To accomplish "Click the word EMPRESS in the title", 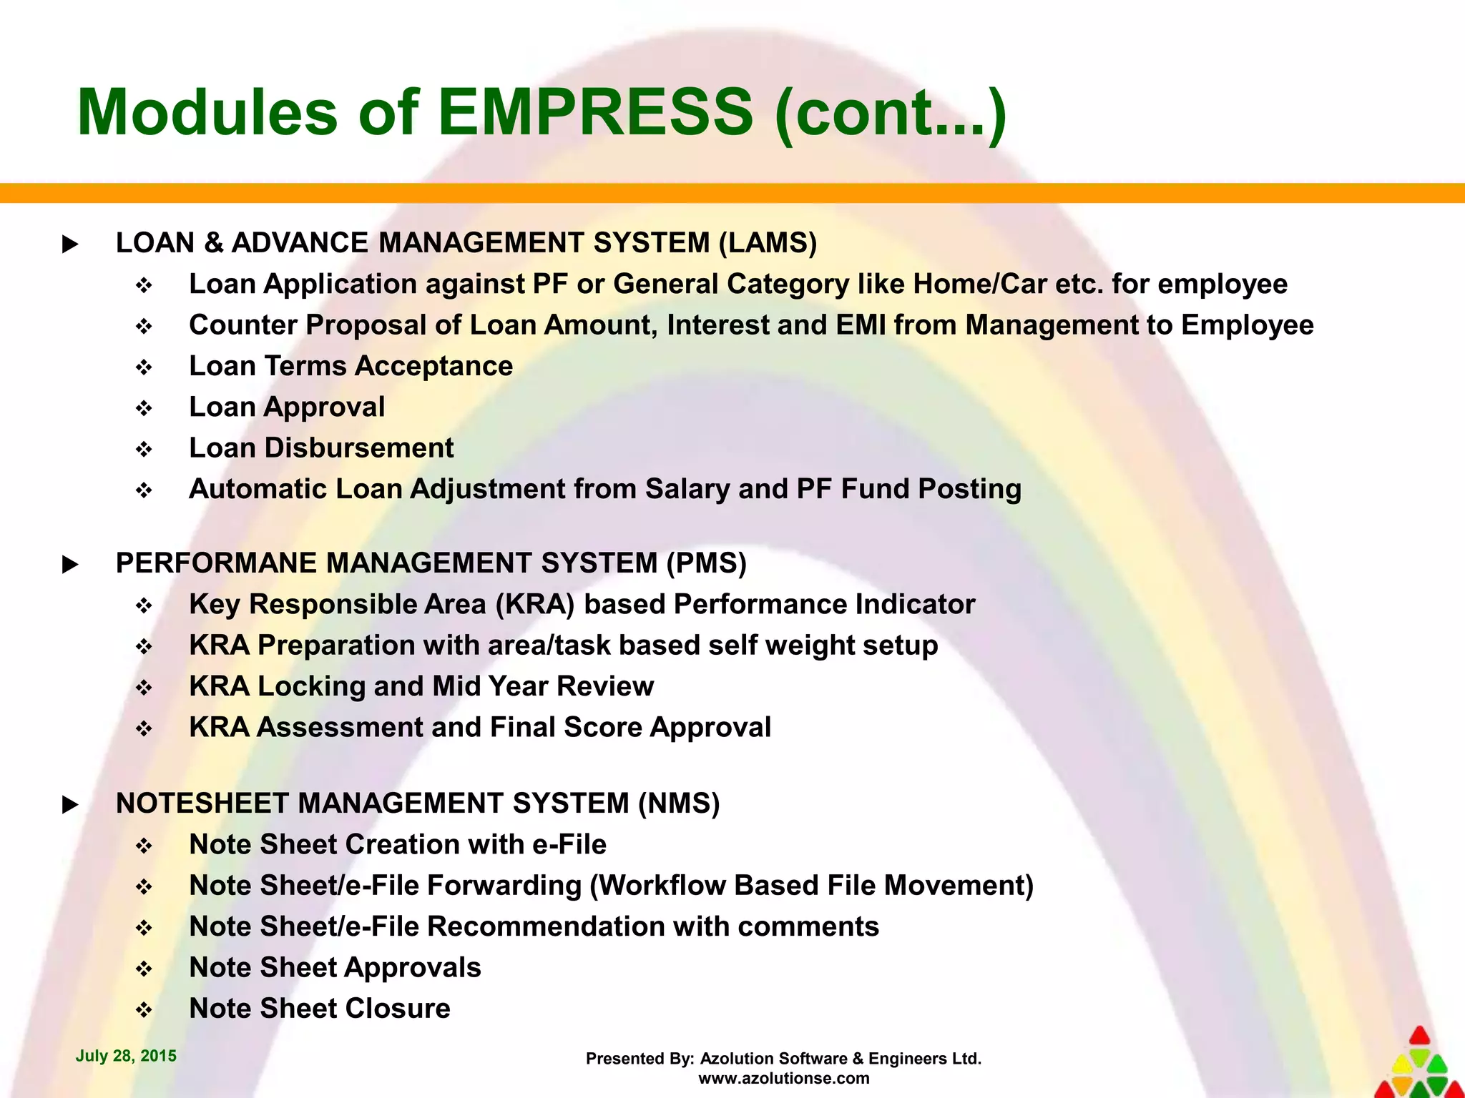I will (595, 112).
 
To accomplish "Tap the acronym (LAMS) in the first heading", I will (768, 243).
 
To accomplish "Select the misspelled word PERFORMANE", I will (215, 563).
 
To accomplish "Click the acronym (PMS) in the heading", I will (706, 563).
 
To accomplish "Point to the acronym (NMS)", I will (679, 803).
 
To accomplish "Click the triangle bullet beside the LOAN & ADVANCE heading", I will (70, 244).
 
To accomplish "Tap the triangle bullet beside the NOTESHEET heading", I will (70, 805).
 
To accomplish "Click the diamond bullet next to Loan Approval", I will (144, 408).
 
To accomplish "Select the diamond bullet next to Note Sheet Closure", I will (144, 1010).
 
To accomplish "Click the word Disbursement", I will (359, 448).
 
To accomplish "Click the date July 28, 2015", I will (126, 1056).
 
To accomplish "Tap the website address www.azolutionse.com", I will (784, 1078).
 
